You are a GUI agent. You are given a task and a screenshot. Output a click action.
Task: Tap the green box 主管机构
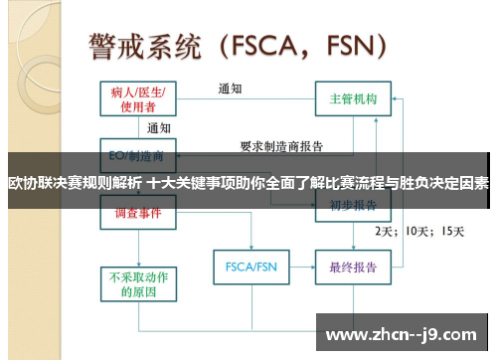[353, 99]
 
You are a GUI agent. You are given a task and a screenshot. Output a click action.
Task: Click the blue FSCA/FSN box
[250, 268]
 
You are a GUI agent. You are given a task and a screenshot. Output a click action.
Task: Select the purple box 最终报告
[352, 268]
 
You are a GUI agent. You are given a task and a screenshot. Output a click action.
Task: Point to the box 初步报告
[352, 207]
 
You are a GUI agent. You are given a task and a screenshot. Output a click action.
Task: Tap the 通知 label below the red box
[159, 127]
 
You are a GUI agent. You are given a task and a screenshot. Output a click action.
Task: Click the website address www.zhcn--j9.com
[402, 333]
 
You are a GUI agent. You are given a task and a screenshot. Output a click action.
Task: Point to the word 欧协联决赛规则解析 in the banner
[75, 183]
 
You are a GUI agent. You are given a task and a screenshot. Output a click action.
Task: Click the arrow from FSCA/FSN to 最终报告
[299, 268]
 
